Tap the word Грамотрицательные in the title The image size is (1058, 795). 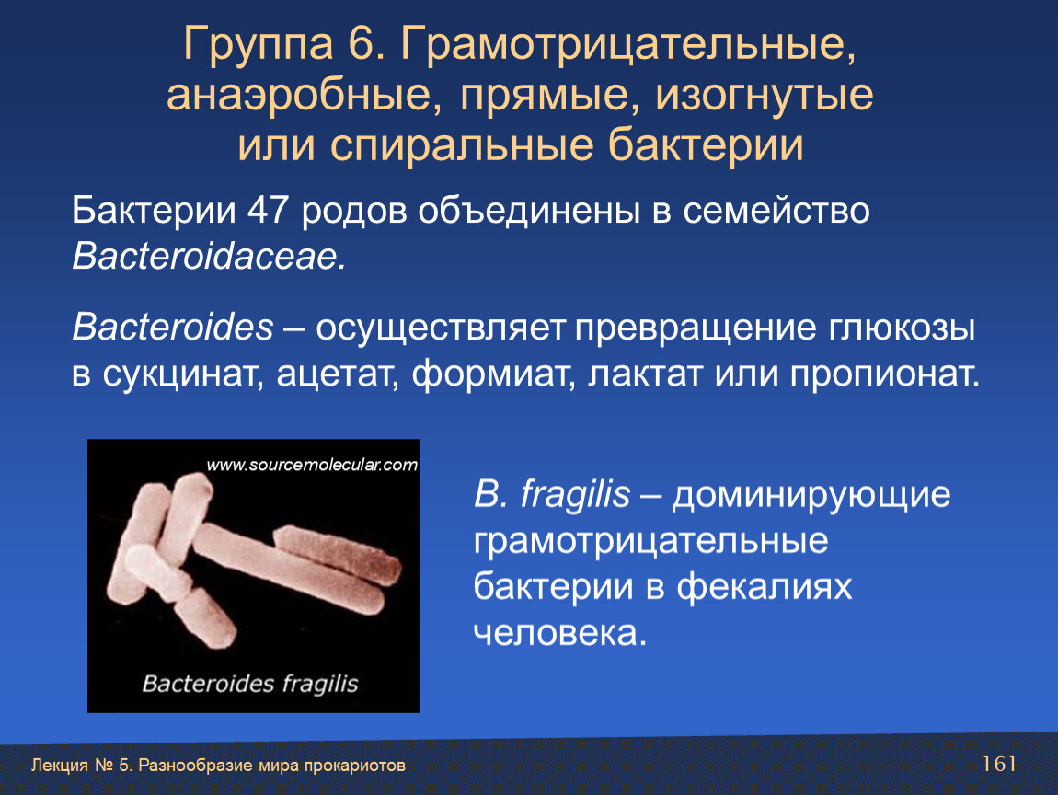(x=627, y=47)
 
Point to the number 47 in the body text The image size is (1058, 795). (x=268, y=211)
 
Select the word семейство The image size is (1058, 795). (x=776, y=211)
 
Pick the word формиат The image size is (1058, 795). (x=493, y=375)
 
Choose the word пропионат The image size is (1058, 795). (x=885, y=375)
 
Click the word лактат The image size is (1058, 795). (x=645, y=375)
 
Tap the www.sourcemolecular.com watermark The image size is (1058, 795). (x=312, y=465)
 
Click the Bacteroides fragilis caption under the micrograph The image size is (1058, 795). (x=249, y=684)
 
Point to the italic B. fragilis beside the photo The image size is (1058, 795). (x=552, y=495)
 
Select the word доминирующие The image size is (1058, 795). (x=811, y=495)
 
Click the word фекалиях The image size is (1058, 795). (x=765, y=587)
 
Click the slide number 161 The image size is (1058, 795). (x=999, y=764)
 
